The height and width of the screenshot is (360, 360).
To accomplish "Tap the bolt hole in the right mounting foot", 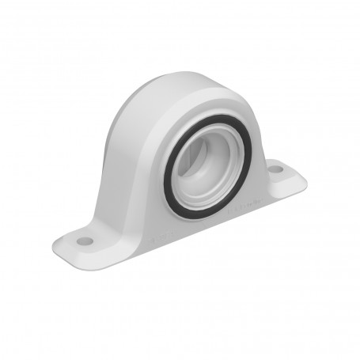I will (275, 169).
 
